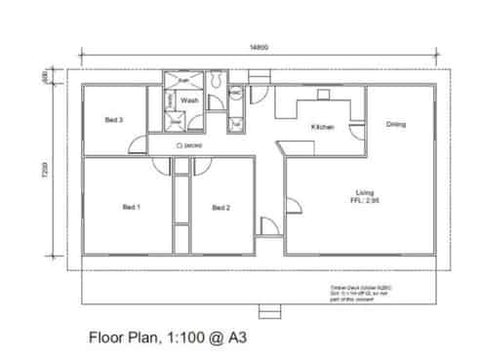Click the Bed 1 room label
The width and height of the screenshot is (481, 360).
pyautogui.click(x=132, y=207)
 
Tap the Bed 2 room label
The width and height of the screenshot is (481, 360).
pyautogui.click(x=221, y=208)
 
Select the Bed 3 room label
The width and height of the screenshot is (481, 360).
pyautogui.click(x=113, y=120)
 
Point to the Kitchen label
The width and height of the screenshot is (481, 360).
pyautogui.click(x=323, y=128)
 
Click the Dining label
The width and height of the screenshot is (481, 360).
pyautogui.click(x=396, y=124)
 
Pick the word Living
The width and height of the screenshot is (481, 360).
pyautogui.click(x=366, y=191)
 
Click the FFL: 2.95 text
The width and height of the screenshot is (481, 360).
pyautogui.click(x=366, y=200)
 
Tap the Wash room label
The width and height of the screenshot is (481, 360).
pyautogui.click(x=189, y=100)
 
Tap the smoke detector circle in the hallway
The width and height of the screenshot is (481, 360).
pyautogui.click(x=180, y=145)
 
